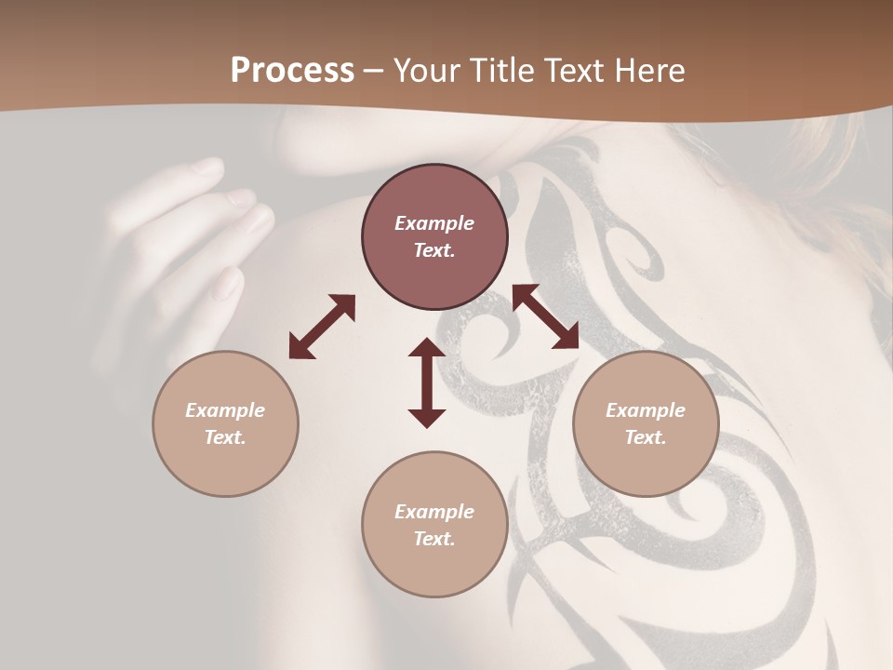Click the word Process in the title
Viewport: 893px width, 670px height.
pyautogui.click(x=292, y=71)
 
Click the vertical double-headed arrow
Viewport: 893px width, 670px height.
pyautogui.click(x=427, y=382)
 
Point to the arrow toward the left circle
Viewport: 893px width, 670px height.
pyautogui.click(x=322, y=327)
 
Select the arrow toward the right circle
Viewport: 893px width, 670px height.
pyautogui.click(x=546, y=316)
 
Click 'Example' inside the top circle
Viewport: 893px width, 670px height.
pyautogui.click(x=434, y=223)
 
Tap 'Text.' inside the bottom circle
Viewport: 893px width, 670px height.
pyautogui.click(x=434, y=539)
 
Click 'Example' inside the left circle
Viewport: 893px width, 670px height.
pyautogui.click(x=225, y=410)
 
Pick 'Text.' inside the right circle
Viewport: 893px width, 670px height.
pyautogui.click(x=646, y=437)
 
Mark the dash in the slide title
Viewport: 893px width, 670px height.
pyautogui.click(x=373, y=71)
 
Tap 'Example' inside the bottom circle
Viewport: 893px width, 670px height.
pyautogui.click(x=434, y=512)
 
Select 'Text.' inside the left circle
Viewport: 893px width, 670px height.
pyautogui.click(x=225, y=437)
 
